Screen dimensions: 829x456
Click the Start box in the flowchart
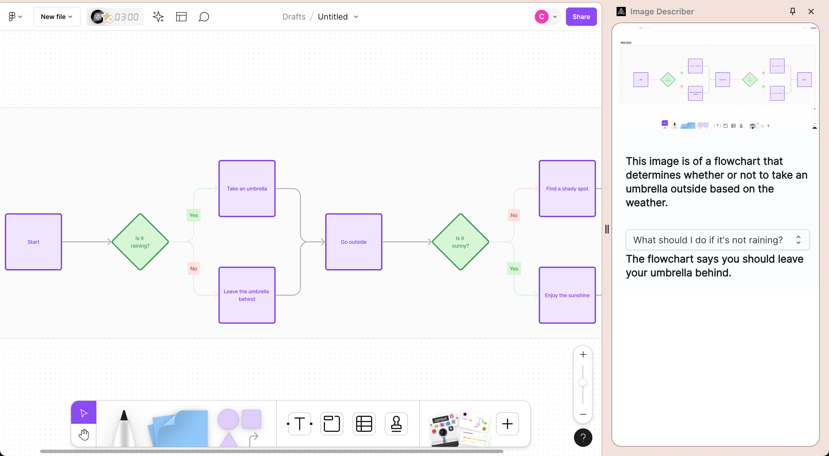tap(33, 242)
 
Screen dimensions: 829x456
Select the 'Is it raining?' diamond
tap(140, 242)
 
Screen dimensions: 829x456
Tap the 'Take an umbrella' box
tap(247, 189)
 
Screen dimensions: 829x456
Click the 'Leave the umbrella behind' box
tap(247, 295)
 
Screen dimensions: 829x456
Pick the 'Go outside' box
tap(354, 242)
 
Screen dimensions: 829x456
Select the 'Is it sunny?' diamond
tap(460, 242)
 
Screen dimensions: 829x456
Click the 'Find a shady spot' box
tap(567, 189)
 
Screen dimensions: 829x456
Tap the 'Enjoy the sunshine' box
tap(567, 295)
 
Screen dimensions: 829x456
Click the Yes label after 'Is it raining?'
tap(193, 215)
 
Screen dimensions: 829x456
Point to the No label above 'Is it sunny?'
tap(514, 215)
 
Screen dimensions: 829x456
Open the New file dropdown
tap(57, 17)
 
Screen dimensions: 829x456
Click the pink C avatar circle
tap(542, 17)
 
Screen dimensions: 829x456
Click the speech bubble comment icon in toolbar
tap(204, 17)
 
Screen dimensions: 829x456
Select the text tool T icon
tap(300, 424)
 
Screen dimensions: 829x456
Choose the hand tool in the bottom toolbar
tap(84, 434)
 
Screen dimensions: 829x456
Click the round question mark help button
tap(583, 437)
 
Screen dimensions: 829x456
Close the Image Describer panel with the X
tap(811, 12)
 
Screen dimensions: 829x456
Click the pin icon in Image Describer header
tap(793, 12)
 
